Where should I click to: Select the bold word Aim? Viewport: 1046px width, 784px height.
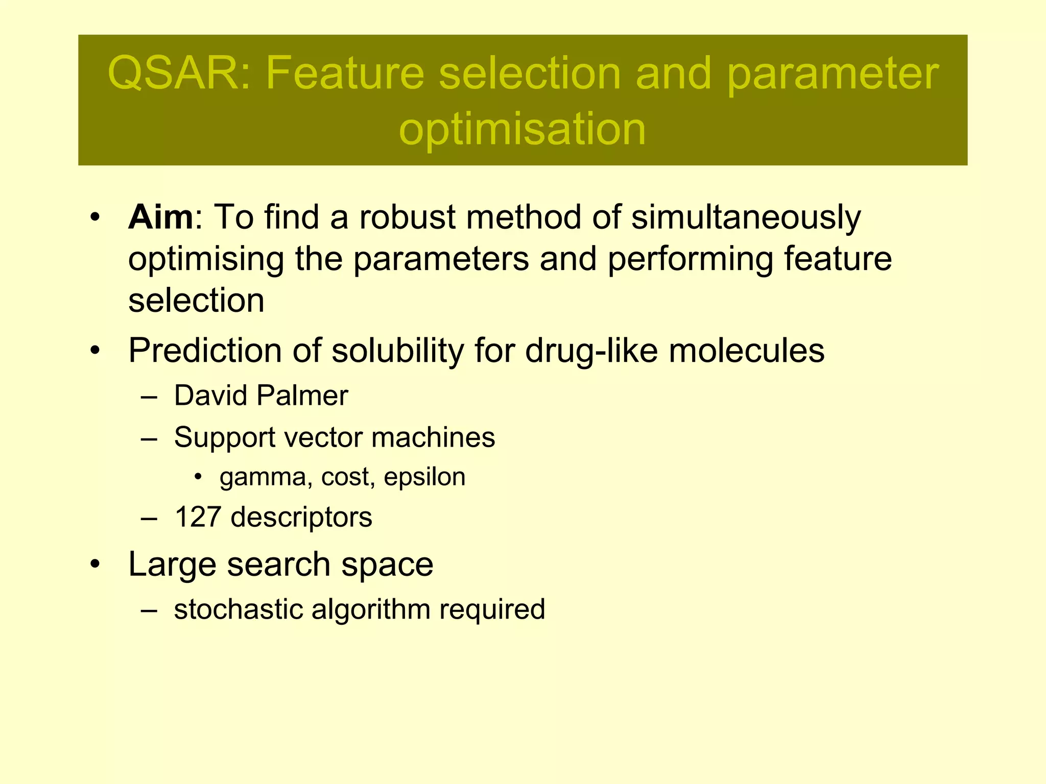[x=160, y=217]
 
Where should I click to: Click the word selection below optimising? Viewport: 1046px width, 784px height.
[x=196, y=301]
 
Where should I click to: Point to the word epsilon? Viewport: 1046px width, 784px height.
[x=424, y=478]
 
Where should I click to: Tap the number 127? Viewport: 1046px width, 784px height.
[x=198, y=517]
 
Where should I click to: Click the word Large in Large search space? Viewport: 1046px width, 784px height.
[x=172, y=565]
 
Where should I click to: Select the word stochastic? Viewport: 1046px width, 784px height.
[x=238, y=609]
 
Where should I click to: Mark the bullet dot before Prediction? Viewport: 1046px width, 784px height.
[x=95, y=351]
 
